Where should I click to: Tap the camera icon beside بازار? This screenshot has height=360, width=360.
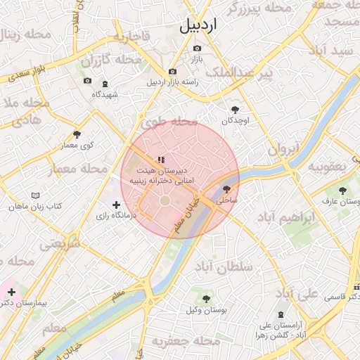196,48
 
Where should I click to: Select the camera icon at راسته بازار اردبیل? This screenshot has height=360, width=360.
172,72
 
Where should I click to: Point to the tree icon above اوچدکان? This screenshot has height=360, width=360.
235,109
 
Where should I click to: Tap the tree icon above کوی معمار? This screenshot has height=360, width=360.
77,134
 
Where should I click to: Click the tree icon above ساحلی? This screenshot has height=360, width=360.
226,189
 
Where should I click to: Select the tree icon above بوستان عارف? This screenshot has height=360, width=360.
342,191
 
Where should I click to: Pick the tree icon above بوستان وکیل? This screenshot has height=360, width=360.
206,299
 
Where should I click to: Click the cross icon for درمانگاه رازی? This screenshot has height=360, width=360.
116,205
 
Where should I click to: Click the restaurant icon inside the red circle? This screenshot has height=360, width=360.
162,160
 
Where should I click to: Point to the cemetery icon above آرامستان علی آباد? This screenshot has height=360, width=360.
281,314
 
